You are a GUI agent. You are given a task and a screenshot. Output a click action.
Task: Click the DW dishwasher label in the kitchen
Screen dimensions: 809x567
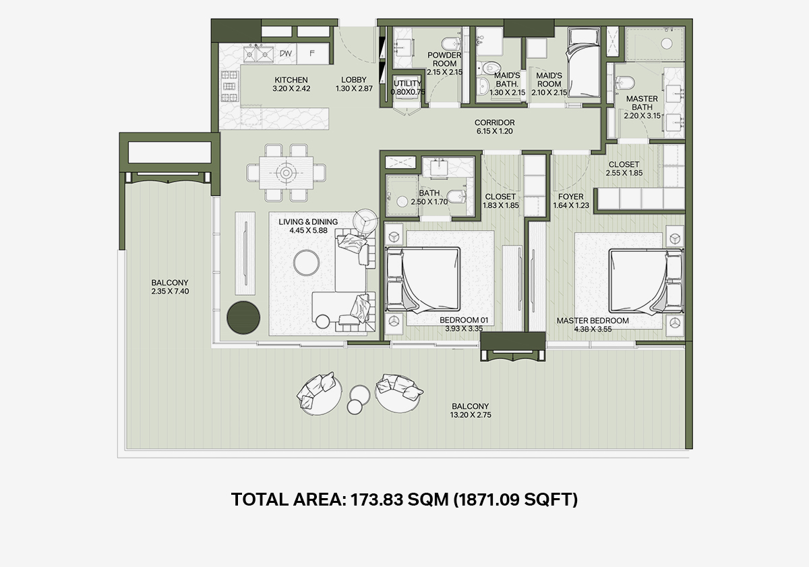[x=286, y=53]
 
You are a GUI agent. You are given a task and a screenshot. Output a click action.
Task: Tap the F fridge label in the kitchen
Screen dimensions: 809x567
[x=312, y=53]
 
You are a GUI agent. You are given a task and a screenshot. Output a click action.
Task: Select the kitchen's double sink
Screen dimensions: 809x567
[x=258, y=54]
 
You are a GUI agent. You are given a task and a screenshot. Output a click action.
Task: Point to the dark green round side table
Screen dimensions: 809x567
[x=243, y=317]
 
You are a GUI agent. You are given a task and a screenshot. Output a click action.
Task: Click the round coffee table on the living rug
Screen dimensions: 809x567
[x=306, y=263]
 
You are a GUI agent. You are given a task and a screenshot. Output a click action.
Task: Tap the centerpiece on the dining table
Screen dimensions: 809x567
[x=286, y=173]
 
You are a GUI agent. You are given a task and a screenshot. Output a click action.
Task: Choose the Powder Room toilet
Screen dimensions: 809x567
[x=452, y=43]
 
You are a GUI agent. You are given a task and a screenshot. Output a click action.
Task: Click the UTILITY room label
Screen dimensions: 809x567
[x=407, y=83]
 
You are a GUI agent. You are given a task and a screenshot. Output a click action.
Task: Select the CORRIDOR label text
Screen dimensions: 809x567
[x=494, y=123]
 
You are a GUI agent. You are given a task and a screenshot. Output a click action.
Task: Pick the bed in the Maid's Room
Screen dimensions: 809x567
[x=583, y=63]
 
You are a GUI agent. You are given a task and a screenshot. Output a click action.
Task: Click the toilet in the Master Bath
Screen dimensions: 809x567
[x=624, y=82]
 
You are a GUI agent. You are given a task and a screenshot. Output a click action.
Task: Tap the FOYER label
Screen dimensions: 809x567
[x=570, y=196]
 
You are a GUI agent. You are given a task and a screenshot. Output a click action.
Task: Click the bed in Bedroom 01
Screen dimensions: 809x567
[x=423, y=279]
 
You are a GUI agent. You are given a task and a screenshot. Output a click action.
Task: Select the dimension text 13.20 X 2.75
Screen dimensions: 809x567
[x=471, y=415]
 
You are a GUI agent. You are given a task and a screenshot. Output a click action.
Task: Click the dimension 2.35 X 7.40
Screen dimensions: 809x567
[x=170, y=292]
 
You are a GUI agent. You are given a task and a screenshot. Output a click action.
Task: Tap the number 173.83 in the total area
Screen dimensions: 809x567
[x=377, y=500]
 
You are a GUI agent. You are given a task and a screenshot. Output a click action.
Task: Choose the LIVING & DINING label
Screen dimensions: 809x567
[x=308, y=221]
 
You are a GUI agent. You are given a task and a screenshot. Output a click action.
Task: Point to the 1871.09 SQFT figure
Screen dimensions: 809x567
[x=515, y=500]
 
